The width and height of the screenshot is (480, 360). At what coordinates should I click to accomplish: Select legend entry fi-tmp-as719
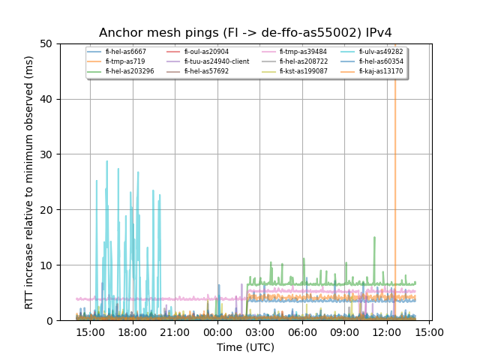(x=123, y=61)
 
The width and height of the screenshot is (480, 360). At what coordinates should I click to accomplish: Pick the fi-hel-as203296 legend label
(x=129, y=71)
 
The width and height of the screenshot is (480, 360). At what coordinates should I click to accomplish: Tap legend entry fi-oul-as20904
(x=208, y=52)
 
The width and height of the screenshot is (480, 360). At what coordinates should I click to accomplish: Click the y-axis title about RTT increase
(x=30, y=182)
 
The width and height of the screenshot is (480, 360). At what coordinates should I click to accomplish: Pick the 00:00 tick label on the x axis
(x=217, y=331)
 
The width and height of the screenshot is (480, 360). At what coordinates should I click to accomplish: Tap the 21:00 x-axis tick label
(x=175, y=331)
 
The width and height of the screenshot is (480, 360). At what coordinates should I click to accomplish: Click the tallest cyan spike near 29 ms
(x=106, y=161)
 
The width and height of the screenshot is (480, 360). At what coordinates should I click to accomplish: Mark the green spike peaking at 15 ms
(x=374, y=238)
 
